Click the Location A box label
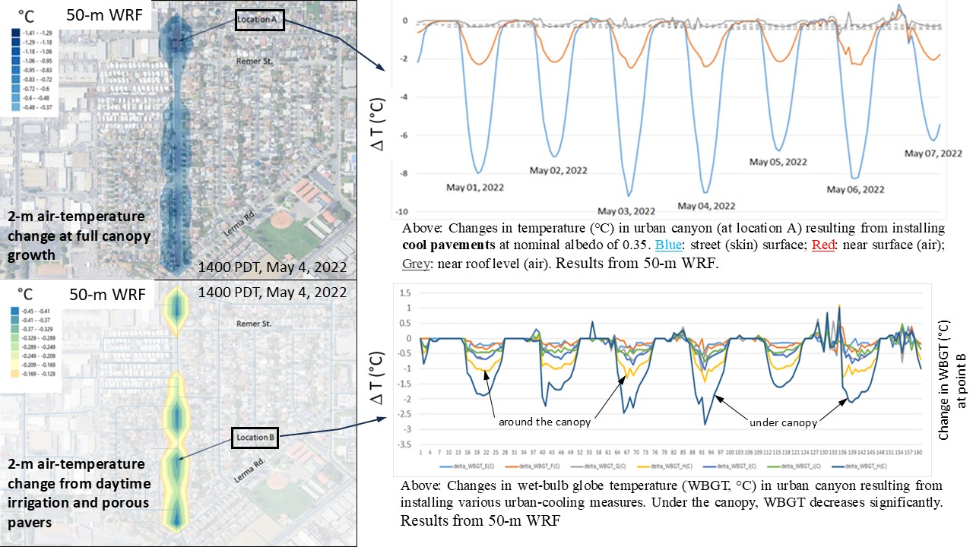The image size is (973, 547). [259, 19]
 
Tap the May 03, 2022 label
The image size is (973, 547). [627, 211]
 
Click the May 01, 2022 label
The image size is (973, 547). [474, 187]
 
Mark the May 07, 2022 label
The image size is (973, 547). [933, 153]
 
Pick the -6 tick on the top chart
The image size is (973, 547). [404, 135]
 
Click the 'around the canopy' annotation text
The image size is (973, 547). [544, 422]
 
